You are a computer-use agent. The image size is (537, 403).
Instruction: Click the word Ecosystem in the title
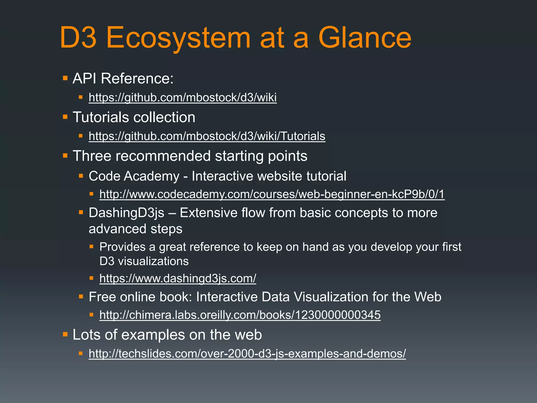tap(178, 38)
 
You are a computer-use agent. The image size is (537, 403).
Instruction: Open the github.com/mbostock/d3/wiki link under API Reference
tap(182, 97)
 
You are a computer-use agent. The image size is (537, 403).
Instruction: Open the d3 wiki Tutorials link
tap(207, 136)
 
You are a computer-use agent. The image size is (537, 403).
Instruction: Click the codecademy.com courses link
tap(272, 194)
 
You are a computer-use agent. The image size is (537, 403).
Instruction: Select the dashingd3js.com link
tap(178, 278)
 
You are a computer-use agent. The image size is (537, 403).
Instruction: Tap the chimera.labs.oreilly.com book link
tap(240, 315)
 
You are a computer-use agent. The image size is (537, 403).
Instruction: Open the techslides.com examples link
tap(247, 354)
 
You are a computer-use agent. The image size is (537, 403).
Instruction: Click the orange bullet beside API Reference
tap(65, 78)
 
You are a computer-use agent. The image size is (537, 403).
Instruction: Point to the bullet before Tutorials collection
tap(65, 117)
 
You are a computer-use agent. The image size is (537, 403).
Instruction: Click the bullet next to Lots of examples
tap(65, 335)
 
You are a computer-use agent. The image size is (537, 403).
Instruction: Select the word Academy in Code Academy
tap(152, 176)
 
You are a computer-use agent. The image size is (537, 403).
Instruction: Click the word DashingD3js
tap(126, 213)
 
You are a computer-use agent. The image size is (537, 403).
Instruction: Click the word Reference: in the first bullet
tap(137, 78)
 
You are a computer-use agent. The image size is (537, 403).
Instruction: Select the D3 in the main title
tap(78, 38)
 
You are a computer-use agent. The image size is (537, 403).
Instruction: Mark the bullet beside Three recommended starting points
tap(65, 156)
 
